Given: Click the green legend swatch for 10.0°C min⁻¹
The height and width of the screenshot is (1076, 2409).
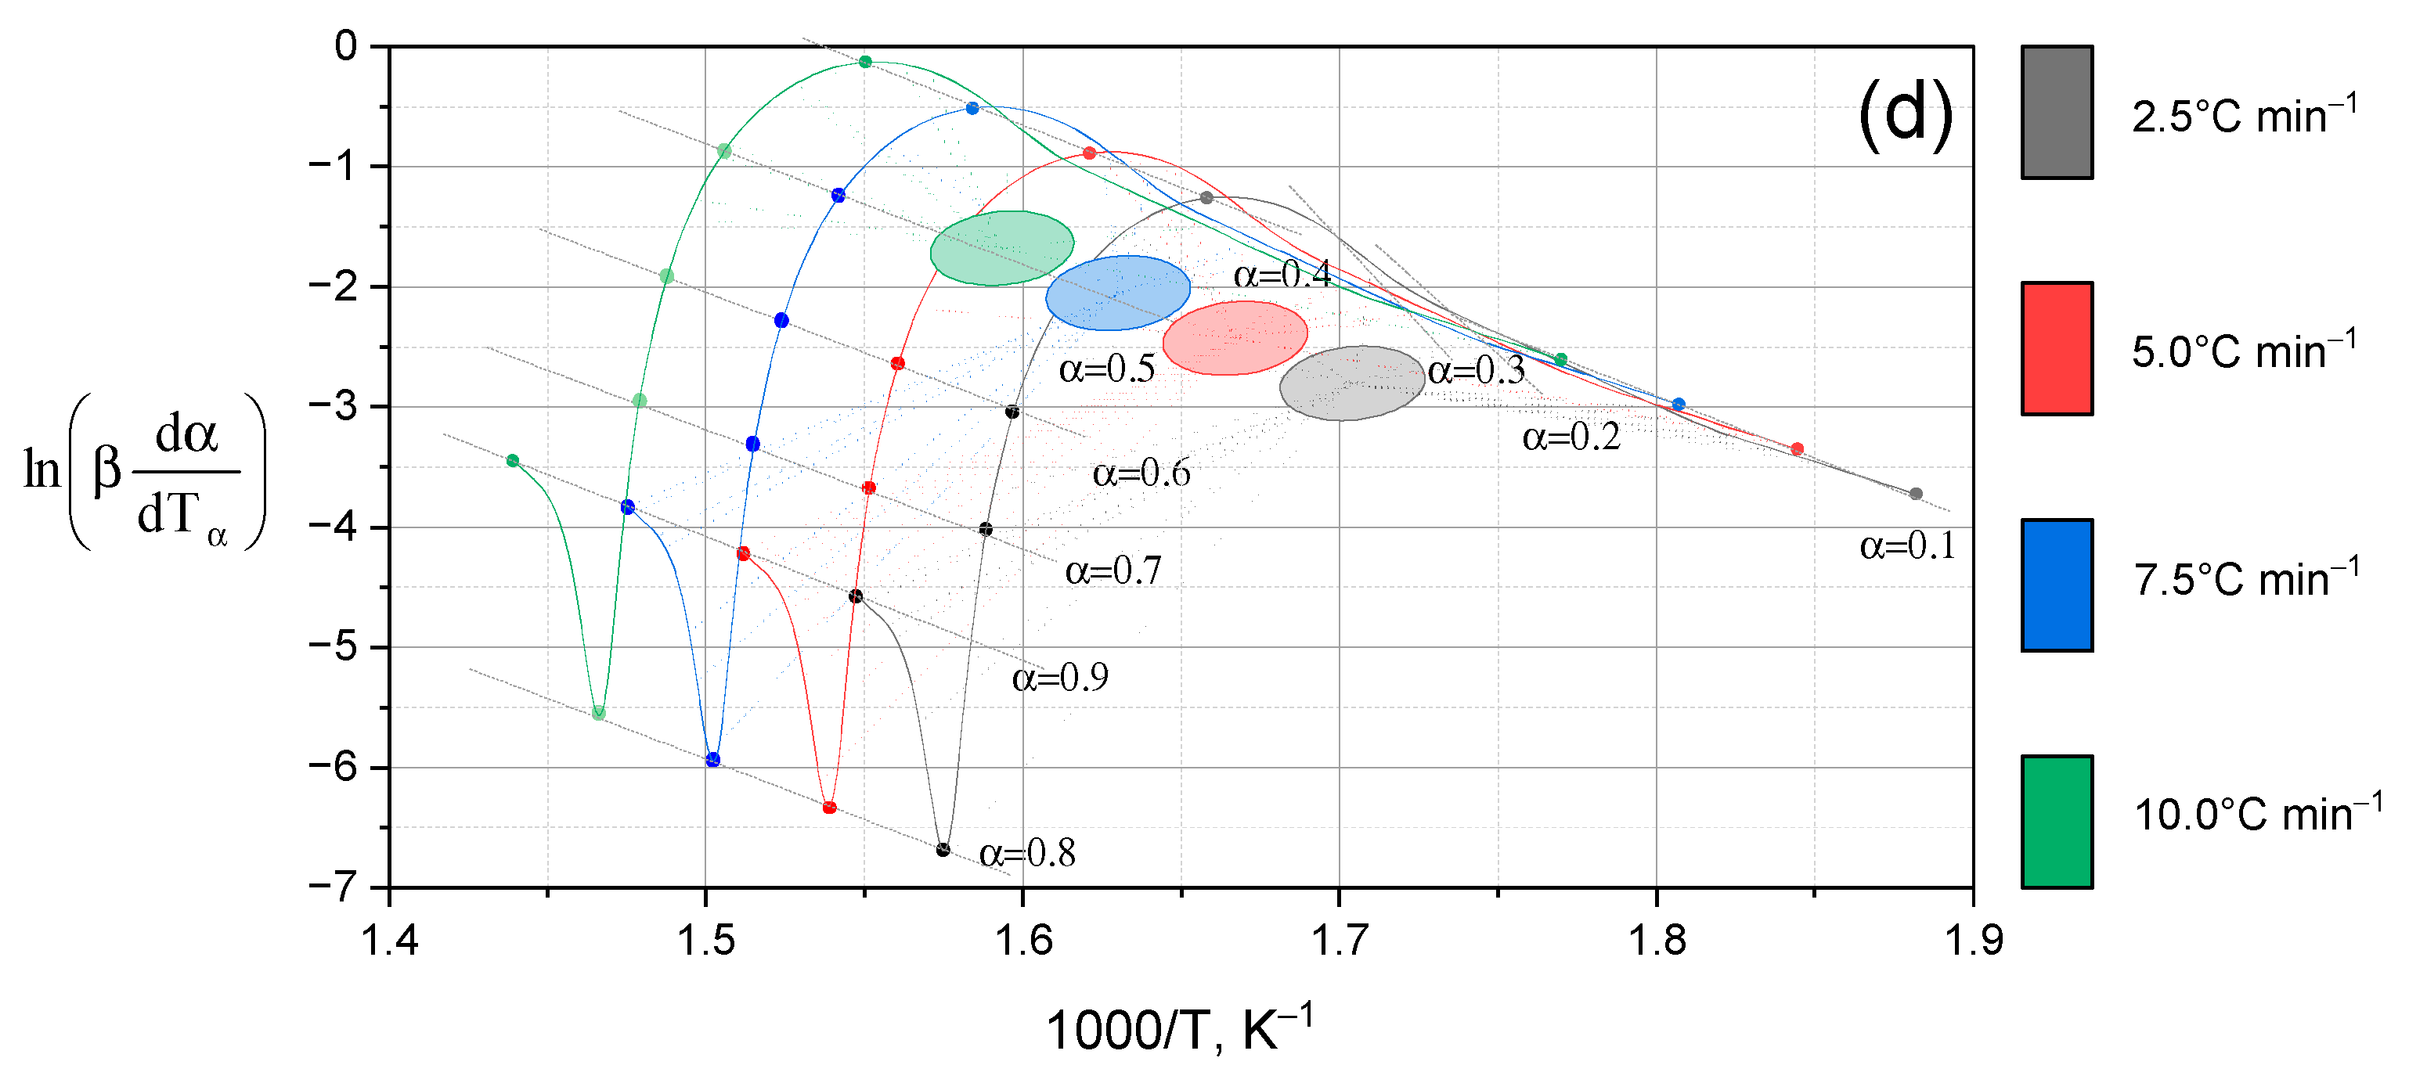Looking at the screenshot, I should [x=2057, y=821].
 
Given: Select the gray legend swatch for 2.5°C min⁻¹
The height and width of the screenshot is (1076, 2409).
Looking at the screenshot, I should [x=2057, y=112].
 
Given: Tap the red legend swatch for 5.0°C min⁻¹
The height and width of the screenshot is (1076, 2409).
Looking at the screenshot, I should [x=2057, y=347].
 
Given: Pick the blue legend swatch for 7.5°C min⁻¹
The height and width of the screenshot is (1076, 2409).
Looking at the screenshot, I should [x=2057, y=585].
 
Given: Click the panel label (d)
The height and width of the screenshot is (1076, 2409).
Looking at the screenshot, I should [x=1904, y=114].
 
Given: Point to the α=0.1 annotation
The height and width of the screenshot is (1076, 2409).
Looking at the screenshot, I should [x=1907, y=545].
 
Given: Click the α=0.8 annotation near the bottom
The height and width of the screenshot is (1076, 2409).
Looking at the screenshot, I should [x=1027, y=852].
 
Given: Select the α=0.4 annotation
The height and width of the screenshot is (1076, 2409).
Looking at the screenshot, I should [x=1282, y=274].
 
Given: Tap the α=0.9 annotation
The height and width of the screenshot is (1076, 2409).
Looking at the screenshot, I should [x=1059, y=677].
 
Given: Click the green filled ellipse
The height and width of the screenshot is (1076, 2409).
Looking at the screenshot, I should [x=1001, y=248].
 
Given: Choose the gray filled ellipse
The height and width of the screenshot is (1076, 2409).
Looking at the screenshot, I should [x=1351, y=383].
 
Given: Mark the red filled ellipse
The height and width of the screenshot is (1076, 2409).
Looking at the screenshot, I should [x=1235, y=337].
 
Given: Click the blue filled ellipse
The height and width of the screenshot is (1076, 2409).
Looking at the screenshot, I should [x=1117, y=293].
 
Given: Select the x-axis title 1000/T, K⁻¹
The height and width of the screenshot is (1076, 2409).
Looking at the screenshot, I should [x=1178, y=1029].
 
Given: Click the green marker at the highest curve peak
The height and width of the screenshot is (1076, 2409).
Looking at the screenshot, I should [x=865, y=62].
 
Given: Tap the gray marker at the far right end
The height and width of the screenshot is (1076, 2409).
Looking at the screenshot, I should [x=1915, y=494].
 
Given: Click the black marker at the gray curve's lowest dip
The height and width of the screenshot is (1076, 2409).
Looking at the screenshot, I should [x=943, y=850].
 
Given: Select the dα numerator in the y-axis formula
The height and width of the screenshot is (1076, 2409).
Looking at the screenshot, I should [x=186, y=434].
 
